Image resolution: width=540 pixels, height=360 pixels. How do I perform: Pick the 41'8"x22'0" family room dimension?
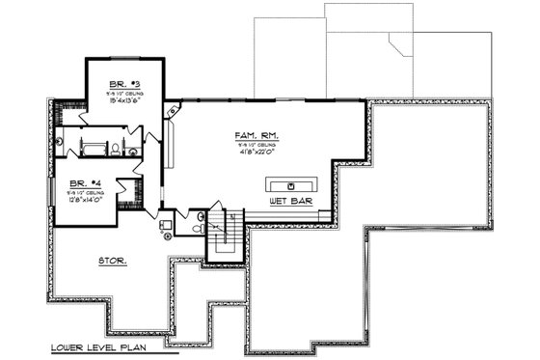pos(254,156)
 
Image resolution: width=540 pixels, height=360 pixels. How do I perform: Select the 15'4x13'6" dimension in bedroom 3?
pos(123,100)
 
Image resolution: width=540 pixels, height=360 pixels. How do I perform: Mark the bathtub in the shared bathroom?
pos(94,147)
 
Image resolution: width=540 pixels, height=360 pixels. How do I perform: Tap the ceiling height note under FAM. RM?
pos(254,148)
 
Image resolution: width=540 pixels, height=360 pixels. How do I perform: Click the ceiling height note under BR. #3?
pos(123,93)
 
